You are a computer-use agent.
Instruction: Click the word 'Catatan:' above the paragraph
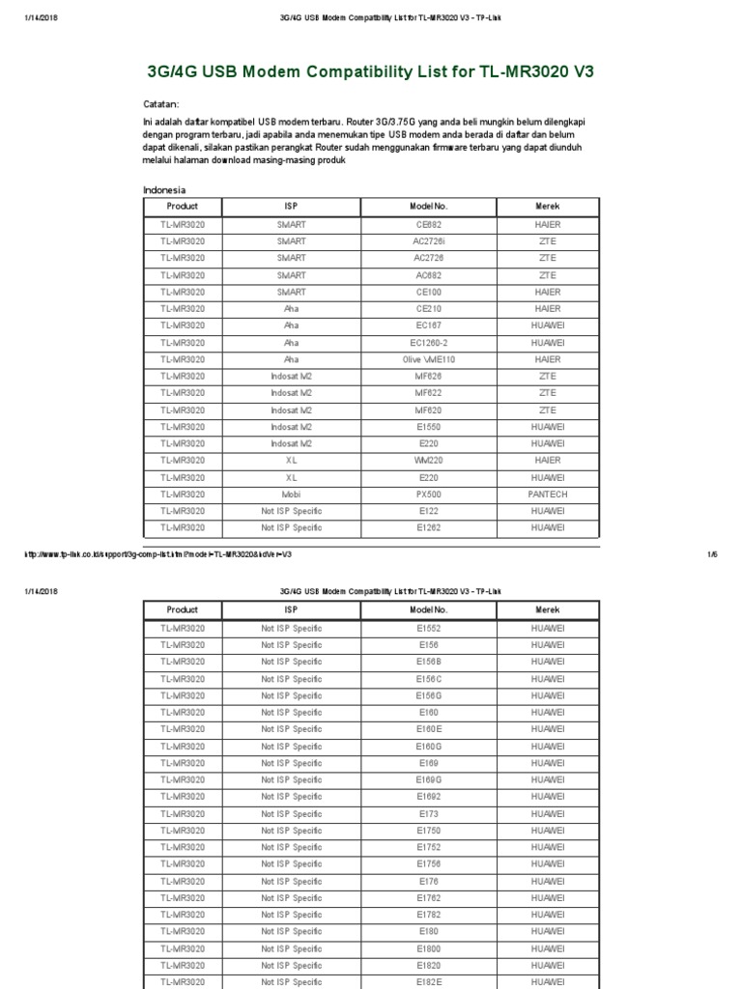pos(161,104)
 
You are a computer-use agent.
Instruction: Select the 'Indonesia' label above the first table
pos(164,190)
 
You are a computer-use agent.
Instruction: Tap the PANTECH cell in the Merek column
pos(547,494)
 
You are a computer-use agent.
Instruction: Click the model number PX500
pos(428,494)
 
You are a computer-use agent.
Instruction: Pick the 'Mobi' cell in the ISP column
pos(291,494)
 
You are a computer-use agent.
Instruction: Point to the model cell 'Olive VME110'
pos(428,359)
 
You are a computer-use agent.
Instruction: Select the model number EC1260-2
pos(428,342)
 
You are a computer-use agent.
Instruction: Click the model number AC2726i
pos(428,240)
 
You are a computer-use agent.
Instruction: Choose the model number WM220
pos(428,460)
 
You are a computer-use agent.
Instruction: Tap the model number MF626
pos(428,376)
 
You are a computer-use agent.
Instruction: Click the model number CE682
pos(428,224)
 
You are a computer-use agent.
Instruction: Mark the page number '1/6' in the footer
pos(713,554)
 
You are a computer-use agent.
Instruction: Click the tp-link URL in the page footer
pos(157,554)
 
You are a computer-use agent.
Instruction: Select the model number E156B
pos(428,662)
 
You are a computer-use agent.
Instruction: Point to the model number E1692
pos(428,797)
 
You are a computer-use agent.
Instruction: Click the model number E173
pos(428,813)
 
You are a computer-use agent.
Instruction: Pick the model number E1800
pos(428,948)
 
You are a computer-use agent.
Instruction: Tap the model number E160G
pos(428,746)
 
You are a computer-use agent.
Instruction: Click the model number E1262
pos(428,527)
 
